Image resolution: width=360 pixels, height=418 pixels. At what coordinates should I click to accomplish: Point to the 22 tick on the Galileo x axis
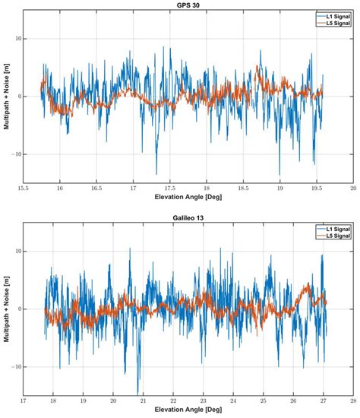tap(173, 400)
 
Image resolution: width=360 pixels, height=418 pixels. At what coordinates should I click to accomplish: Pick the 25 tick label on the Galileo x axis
tap(263, 400)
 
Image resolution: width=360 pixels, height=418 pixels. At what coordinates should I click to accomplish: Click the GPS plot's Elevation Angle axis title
tap(188, 195)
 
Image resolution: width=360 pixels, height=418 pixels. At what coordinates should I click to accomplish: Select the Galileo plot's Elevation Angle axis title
tap(188, 410)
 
